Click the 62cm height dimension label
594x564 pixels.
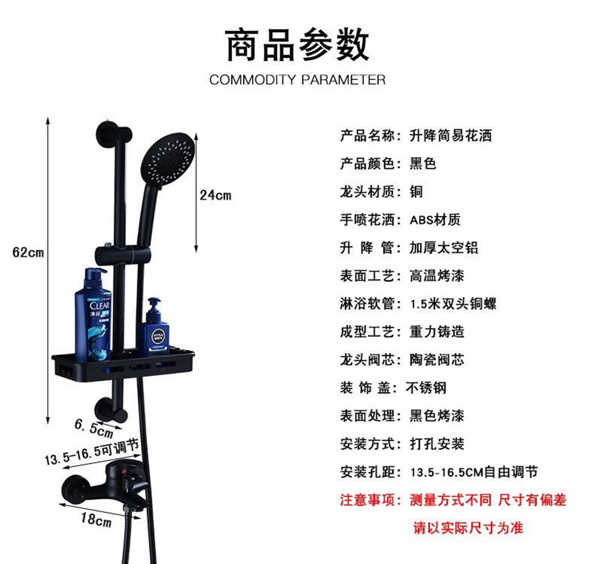pyautogui.click(x=28, y=252)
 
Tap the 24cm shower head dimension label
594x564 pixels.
pyautogui.click(x=215, y=195)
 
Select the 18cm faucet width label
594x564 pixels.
pyautogui.click(x=96, y=519)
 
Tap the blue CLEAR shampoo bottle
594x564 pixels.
pyautogui.click(x=93, y=315)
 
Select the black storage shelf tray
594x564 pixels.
pyautogui.click(x=123, y=364)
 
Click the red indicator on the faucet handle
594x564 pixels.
pyautogui.click(x=124, y=472)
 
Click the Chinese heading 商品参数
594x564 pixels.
pyautogui.click(x=297, y=44)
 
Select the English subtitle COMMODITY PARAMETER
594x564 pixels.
pyautogui.click(x=298, y=79)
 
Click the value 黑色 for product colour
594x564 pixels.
pyautogui.click(x=423, y=163)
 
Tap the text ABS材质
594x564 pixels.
pyautogui.click(x=435, y=220)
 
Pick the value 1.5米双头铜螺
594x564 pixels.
pyautogui.click(x=453, y=304)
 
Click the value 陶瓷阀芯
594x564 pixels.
pyautogui.click(x=437, y=360)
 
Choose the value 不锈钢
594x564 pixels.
pyautogui.click(x=426, y=388)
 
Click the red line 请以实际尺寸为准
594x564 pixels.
pyautogui.click(x=468, y=528)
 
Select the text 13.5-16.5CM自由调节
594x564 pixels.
pyautogui.click(x=474, y=472)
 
